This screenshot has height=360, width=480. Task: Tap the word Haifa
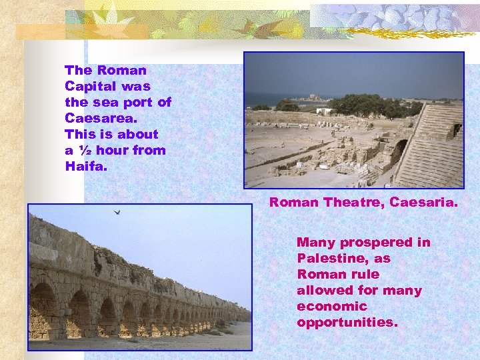click(x=86, y=166)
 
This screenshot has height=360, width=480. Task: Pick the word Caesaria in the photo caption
click(x=424, y=202)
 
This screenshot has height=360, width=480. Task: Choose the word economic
click(x=332, y=306)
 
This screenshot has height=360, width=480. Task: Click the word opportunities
click(x=347, y=322)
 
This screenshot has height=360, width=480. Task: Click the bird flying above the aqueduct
click(x=117, y=212)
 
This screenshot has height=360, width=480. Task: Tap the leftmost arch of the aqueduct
click(x=43, y=310)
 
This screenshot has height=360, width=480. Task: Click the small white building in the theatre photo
click(x=324, y=111)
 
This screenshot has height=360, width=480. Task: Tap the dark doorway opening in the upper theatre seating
click(x=457, y=129)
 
